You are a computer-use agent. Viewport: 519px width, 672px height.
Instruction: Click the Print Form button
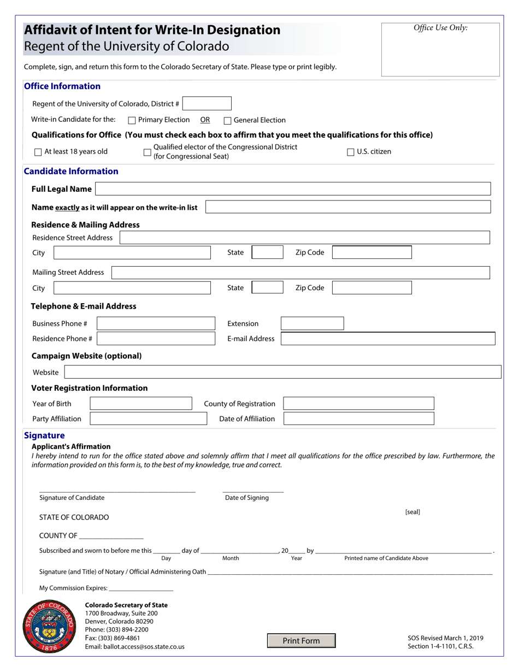pos(301,640)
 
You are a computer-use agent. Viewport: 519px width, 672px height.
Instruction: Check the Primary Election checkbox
pos(132,120)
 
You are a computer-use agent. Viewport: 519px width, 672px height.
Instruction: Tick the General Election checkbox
pos(228,121)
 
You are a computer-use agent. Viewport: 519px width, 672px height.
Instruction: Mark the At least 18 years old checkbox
pos(38,152)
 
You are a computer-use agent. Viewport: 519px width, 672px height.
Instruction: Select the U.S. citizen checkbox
pos(351,152)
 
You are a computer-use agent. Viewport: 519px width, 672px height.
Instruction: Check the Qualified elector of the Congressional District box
pos(147,152)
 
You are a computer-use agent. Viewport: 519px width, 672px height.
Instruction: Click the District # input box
pos(207,103)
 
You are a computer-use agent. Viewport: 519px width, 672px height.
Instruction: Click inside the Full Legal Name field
pos(293,189)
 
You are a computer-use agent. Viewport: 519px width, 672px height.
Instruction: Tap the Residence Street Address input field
pos(304,238)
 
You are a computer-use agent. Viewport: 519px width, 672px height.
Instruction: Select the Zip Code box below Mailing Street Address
pos(372,288)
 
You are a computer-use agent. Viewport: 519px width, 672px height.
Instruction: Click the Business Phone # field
pos(156,323)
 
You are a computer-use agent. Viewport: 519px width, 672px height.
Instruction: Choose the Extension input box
pos(312,323)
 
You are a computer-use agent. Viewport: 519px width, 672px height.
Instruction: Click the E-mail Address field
pos(388,339)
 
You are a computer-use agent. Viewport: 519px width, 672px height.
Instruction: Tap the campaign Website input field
pos(282,372)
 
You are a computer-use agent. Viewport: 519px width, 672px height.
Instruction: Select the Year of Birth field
pos(141,404)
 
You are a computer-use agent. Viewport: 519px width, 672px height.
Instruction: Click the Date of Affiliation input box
pos(359,419)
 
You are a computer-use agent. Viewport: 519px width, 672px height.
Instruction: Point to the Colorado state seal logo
pos(49,627)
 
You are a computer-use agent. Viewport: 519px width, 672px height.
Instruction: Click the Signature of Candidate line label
pos(72,498)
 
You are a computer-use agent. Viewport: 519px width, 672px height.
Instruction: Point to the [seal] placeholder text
pos(412,512)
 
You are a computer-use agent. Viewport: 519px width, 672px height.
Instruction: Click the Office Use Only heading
pos(440,28)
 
